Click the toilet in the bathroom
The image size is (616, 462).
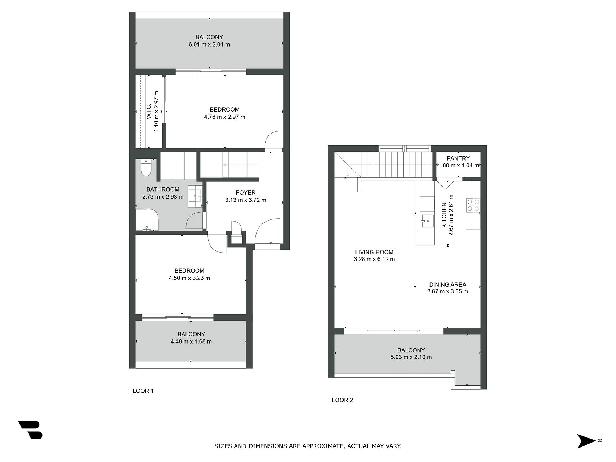tap(146, 167)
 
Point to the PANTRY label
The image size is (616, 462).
tap(458, 158)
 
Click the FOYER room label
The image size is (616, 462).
tap(245, 192)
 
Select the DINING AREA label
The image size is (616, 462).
tap(447, 284)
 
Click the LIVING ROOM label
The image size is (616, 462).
tap(374, 252)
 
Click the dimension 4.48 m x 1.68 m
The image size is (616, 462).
tap(191, 341)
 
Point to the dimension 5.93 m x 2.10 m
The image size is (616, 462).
tap(411, 357)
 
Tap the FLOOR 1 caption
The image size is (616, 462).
tap(141, 391)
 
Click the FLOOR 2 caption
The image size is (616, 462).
tap(341, 400)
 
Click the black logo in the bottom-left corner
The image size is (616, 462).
tap(30, 430)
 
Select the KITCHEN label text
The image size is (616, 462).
tap(444, 215)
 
